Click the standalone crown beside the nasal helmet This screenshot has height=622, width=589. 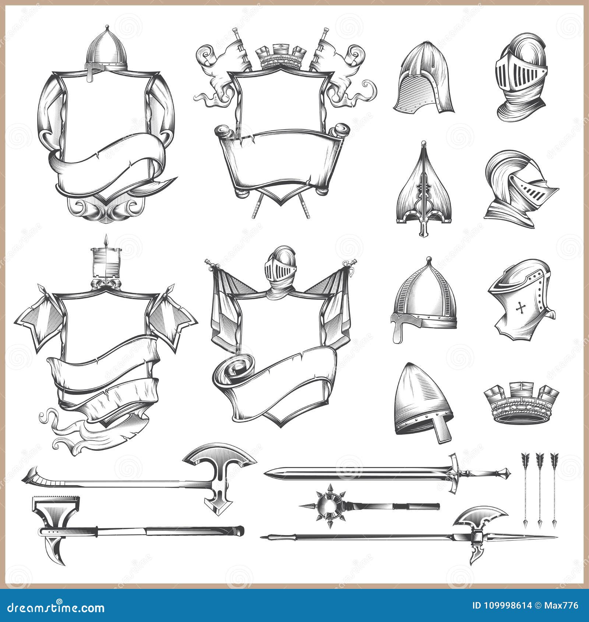pyautogui.click(x=521, y=404)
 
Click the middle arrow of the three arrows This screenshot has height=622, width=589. pyautogui.click(x=540, y=490)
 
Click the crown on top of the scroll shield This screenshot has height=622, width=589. pyautogui.click(x=283, y=57)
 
